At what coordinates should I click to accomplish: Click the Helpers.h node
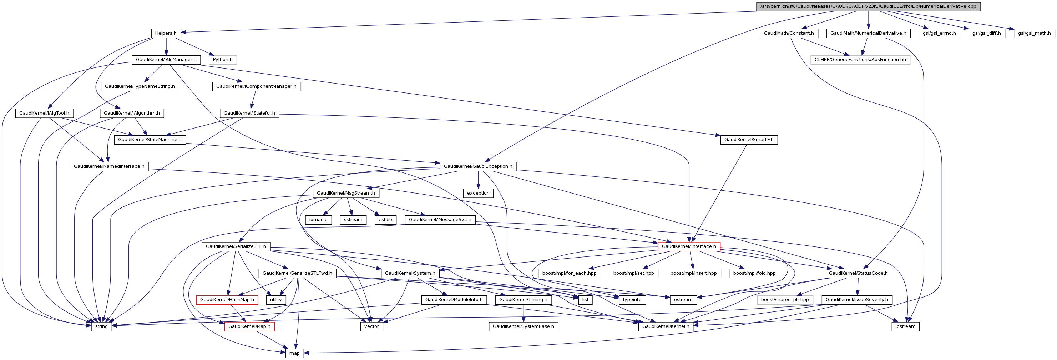point(166,33)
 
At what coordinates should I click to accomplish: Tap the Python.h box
point(222,60)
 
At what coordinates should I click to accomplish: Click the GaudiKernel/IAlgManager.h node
point(166,60)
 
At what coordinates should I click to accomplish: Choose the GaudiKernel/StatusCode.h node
point(858,273)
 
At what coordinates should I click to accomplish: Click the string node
point(101,327)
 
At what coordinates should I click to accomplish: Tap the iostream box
point(905,327)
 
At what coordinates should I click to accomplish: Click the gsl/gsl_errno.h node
point(939,33)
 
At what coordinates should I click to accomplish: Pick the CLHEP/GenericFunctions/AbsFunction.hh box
point(860,60)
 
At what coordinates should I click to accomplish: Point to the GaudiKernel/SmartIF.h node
point(748,140)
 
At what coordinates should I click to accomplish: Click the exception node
point(478,193)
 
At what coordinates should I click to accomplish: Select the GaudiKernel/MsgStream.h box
point(345,193)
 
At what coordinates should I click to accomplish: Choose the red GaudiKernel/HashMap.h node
point(227,300)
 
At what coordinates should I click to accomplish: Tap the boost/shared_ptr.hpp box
point(785,300)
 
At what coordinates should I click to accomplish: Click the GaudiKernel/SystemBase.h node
point(523,327)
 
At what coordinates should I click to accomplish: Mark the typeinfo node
point(632,300)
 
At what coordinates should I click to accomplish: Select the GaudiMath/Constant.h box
point(789,33)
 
